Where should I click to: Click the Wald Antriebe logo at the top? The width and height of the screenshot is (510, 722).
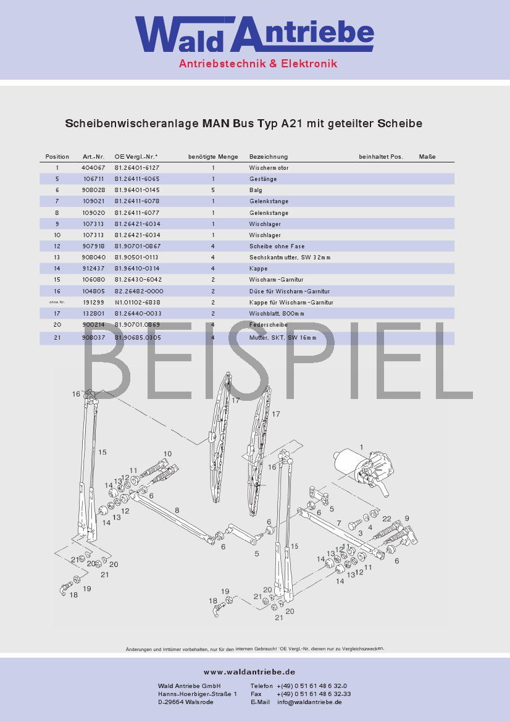pos(254,36)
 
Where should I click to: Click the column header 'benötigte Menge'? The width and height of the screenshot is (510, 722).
pos(213,157)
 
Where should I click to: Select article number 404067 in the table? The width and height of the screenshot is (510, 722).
pos(93,168)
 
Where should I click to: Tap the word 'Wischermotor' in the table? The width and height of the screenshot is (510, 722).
pos(269,168)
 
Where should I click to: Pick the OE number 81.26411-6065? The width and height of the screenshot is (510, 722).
pos(136,179)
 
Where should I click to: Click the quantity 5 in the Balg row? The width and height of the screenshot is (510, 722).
pos(213,190)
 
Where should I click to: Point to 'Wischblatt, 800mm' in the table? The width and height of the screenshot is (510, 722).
pos(277,314)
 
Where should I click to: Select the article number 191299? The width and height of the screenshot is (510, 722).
pos(93,303)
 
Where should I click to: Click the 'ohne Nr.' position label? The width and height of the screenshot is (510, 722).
pos(57,303)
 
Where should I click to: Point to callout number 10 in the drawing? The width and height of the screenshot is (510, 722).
pos(167,454)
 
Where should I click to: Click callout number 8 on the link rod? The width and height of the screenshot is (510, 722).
pos(177,510)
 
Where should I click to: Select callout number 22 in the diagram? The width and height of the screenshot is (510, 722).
pos(387,519)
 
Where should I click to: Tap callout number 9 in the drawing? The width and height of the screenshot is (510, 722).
pos(406,518)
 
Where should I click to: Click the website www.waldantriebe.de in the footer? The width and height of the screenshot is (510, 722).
pos(249,672)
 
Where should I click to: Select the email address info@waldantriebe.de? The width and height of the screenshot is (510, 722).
pos(309,702)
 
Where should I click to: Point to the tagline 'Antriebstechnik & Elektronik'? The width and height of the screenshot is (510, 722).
pos(258,64)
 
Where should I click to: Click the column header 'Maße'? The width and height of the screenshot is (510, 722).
pos(427,157)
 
